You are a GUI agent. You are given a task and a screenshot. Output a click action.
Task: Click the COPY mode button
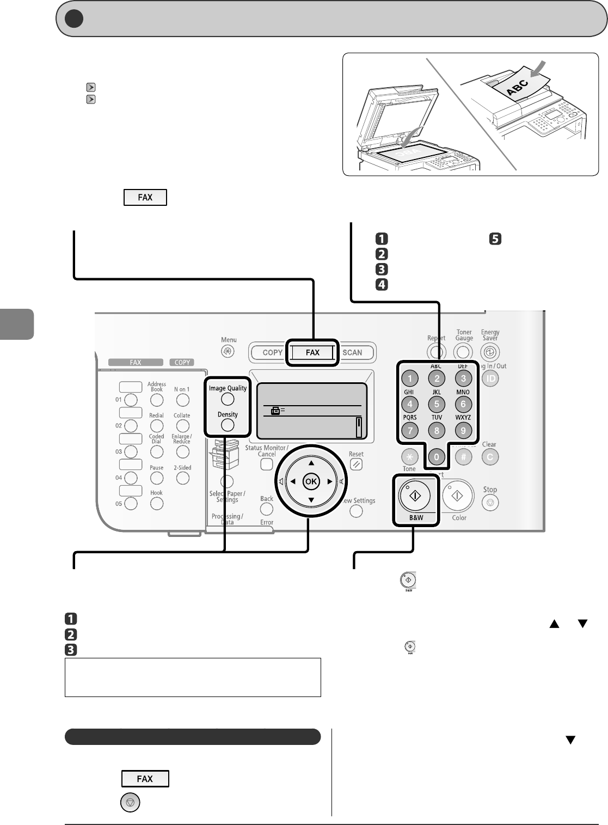tap(272, 352)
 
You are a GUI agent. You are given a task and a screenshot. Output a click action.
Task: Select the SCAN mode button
tap(352, 352)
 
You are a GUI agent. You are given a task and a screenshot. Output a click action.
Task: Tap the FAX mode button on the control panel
tap(312, 352)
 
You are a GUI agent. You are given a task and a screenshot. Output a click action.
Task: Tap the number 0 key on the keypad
tap(436, 457)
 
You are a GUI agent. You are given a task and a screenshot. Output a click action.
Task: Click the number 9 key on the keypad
tap(463, 431)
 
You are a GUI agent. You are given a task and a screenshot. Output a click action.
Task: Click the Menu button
tap(228, 352)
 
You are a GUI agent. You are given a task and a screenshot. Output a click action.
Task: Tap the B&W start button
tap(415, 496)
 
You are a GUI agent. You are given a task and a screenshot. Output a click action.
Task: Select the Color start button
tap(457, 496)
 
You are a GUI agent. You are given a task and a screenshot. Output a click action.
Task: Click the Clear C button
tap(490, 457)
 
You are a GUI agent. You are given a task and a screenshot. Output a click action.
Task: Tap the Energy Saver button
tap(490, 352)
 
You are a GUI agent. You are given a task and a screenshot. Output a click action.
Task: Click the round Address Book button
tap(157, 400)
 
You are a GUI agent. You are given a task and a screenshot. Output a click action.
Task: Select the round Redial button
tap(157, 426)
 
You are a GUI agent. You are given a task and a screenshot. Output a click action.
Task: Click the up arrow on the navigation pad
tap(311, 463)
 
